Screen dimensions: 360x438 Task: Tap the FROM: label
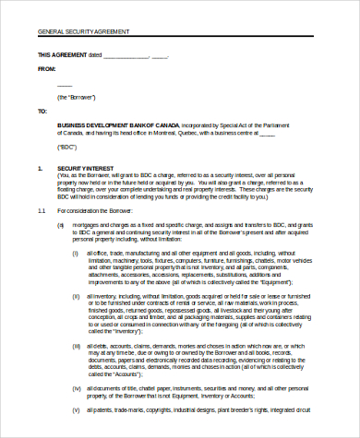(45, 68)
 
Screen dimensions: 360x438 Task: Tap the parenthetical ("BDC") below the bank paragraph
(66, 147)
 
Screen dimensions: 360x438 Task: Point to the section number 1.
(40, 169)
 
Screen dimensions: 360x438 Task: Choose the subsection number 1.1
(41, 211)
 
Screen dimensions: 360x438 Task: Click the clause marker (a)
(61, 224)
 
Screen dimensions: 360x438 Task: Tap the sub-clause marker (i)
(76, 253)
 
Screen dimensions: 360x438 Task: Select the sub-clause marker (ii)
(77, 295)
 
